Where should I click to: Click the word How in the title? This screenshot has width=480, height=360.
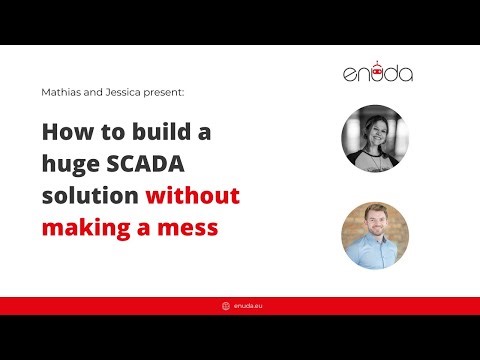66,131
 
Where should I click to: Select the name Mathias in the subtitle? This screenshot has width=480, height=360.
62,91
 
